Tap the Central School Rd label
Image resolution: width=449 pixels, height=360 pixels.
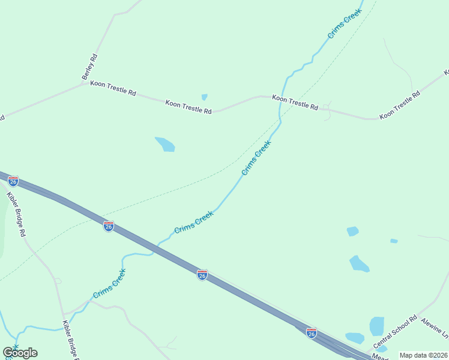pyautogui.click(x=395, y=333)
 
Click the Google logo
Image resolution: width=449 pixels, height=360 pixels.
pyautogui.click(x=20, y=353)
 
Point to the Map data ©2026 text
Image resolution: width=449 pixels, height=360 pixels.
pyautogui.click(x=423, y=355)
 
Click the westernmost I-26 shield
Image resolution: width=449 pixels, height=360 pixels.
pyautogui.click(x=13, y=181)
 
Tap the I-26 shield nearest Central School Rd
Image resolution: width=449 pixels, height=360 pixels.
pyautogui.click(x=311, y=332)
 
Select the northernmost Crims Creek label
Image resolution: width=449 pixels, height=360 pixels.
pyautogui.click(x=345, y=24)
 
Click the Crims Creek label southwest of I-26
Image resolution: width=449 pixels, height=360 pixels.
pyautogui.click(x=109, y=284)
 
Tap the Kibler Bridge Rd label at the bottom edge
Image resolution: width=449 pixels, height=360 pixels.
pyautogui.click(x=69, y=341)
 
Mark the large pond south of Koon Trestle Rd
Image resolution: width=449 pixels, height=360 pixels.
pyautogui.click(x=165, y=144)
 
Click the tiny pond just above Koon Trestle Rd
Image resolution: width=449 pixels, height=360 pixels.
pyautogui.click(x=205, y=97)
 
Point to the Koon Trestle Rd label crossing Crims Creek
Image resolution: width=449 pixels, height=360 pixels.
pyautogui.click(x=295, y=102)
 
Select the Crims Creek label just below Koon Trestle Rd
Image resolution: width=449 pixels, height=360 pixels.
pyautogui.click(x=256, y=157)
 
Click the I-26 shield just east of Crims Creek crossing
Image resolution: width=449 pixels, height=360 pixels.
pyautogui.click(x=202, y=275)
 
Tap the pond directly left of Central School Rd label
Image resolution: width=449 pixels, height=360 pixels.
pyautogui.click(x=376, y=326)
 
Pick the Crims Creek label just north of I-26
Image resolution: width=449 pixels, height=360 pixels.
pyautogui.click(x=194, y=222)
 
